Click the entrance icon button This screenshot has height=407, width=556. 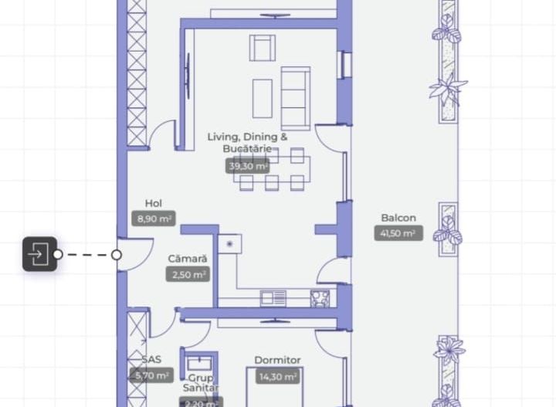pos(39,254)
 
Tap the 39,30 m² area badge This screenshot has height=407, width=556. pos(248,166)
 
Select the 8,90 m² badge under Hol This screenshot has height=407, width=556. pos(154,219)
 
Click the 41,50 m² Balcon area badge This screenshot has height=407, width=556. pos(398,233)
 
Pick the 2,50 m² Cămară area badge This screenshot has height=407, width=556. pos(187,274)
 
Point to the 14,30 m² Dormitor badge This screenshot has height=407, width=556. pos(278,376)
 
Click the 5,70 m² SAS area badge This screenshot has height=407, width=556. pos(151,376)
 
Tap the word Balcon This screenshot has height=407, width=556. pos(398,218)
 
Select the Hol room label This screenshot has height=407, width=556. pos(153,204)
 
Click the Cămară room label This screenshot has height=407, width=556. pos(187,259)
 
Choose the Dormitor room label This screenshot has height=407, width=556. pos(277,360)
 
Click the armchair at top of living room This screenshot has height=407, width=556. pos(262,48)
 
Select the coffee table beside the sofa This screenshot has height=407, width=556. pos(263,98)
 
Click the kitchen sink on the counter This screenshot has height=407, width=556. pos(273,298)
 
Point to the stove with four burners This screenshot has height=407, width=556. pos(320,298)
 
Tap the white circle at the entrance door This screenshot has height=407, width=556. pos(117,254)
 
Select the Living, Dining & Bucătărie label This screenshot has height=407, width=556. pos(247,142)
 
